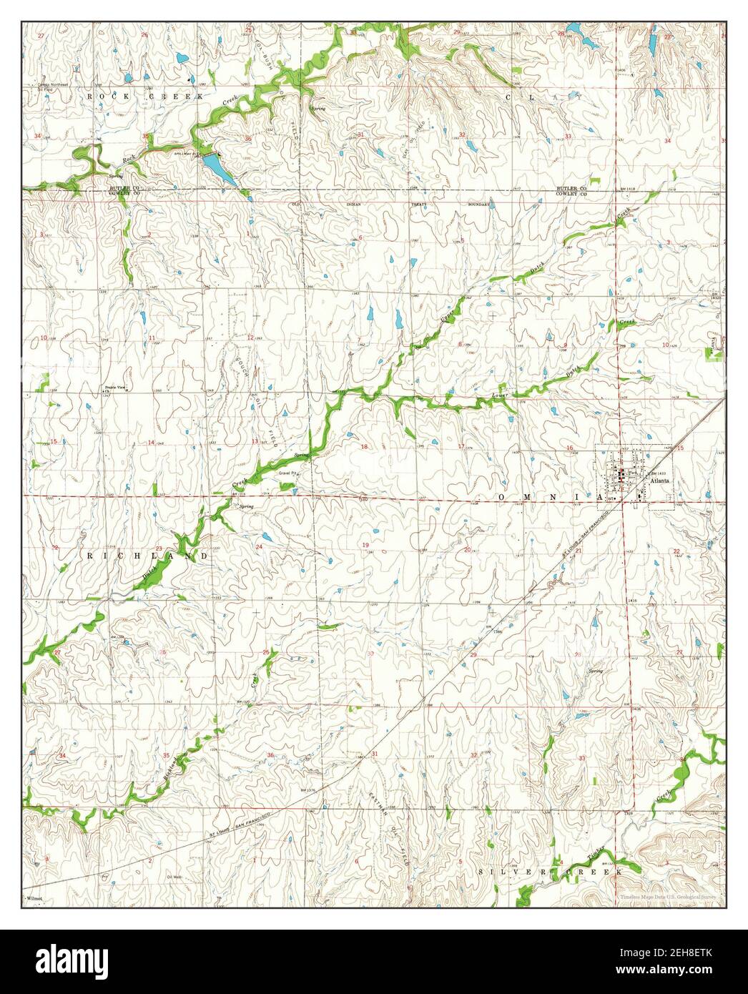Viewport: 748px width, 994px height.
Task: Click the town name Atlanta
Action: click(659, 481)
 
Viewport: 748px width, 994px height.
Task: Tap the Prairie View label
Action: click(115, 387)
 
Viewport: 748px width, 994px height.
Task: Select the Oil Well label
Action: click(175, 876)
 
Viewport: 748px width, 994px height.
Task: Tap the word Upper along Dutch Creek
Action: click(448, 318)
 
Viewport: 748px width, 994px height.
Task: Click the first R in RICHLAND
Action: click(91, 555)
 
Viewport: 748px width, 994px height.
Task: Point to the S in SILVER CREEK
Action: click(481, 872)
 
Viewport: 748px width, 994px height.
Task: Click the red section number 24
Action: click(259, 547)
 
